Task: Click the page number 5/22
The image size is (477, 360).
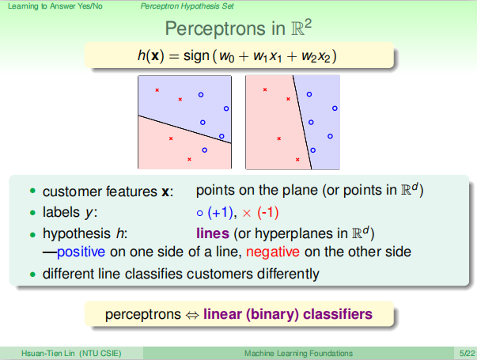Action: (467, 354)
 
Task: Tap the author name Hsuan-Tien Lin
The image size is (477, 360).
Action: (47, 354)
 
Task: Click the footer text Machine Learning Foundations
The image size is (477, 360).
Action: (298, 354)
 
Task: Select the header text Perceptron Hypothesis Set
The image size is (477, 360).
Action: (187, 6)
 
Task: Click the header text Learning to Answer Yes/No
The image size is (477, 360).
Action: (55, 6)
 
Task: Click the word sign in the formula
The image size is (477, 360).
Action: (196, 56)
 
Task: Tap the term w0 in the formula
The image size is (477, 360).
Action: (227, 57)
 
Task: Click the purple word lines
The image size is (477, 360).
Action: (213, 233)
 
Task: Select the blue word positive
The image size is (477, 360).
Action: (81, 252)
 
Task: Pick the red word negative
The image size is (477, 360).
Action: (273, 252)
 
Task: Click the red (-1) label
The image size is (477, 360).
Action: (268, 212)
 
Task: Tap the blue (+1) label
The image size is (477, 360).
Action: (221, 212)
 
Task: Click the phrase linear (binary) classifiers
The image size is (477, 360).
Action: (288, 314)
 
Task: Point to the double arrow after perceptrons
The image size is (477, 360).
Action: (192, 315)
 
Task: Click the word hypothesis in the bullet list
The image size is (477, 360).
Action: (77, 234)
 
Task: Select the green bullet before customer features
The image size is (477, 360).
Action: (32, 191)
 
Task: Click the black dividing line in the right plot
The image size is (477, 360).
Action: (302, 122)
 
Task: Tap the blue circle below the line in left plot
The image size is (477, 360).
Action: (204, 150)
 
